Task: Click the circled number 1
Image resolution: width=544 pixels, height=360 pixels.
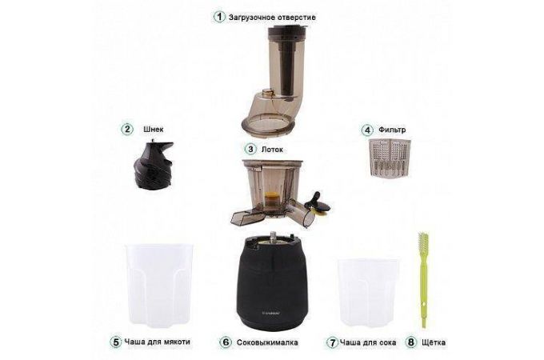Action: (x=219, y=17)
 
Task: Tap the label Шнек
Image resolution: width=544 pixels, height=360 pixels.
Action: (x=154, y=130)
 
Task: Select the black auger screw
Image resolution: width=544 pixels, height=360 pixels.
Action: (x=153, y=164)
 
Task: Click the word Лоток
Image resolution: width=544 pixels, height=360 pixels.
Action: (x=272, y=150)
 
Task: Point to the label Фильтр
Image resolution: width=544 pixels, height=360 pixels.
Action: (x=392, y=130)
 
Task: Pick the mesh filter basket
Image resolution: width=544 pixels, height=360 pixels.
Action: (x=390, y=158)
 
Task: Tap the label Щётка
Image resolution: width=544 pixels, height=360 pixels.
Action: (x=434, y=342)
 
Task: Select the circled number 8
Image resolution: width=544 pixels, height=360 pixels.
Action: (x=411, y=342)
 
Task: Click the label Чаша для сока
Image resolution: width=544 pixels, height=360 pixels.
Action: (x=368, y=342)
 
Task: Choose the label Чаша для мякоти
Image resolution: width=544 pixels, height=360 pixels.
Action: (x=157, y=342)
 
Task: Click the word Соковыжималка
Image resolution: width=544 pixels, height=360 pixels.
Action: (x=267, y=342)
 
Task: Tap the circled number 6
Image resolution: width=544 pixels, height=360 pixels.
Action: (x=226, y=342)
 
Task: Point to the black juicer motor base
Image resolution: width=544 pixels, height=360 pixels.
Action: (x=272, y=282)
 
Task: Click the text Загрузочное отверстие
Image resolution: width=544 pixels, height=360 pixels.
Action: (x=272, y=17)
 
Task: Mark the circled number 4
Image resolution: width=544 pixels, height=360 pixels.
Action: (x=367, y=130)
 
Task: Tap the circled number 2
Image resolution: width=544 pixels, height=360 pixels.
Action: (x=127, y=129)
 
